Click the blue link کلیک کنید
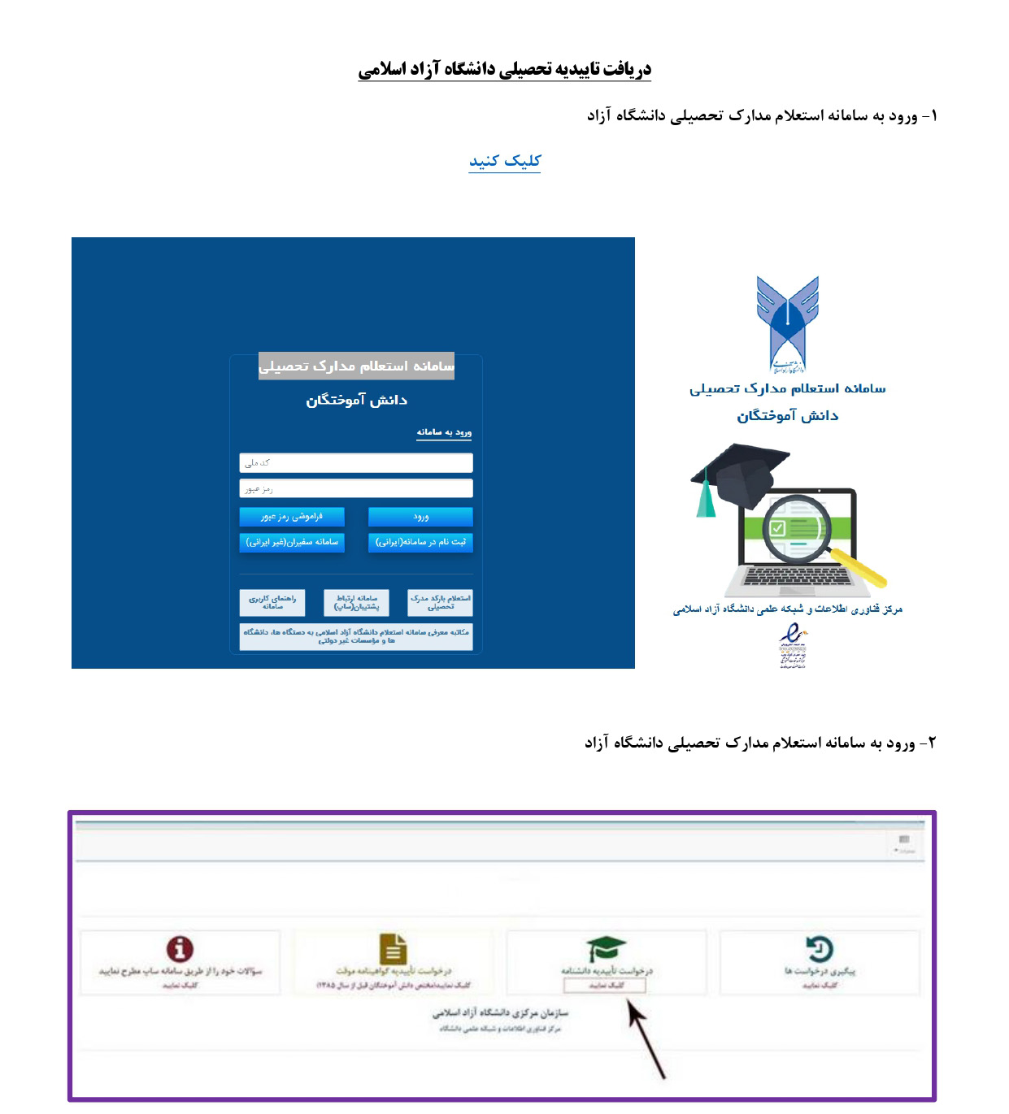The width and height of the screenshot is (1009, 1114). click(x=504, y=161)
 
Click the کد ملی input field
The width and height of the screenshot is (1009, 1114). click(x=356, y=462)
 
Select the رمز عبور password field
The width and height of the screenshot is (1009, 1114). click(x=356, y=488)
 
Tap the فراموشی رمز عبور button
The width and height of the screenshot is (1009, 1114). click(x=292, y=517)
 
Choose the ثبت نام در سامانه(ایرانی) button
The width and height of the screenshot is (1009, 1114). click(x=420, y=542)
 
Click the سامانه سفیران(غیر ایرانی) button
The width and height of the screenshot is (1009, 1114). click(x=292, y=542)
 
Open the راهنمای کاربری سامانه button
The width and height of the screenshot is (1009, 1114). click(x=272, y=602)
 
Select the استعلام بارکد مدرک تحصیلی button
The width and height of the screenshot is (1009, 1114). click(x=440, y=602)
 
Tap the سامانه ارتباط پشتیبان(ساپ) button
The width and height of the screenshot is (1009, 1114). click(x=356, y=602)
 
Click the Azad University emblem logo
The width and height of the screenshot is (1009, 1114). click(x=787, y=323)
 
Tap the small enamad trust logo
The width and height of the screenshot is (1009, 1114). click(x=791, y=645)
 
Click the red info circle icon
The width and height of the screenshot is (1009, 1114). click(x=180, y=948)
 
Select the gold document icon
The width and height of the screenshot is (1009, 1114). click(x=394, y=948)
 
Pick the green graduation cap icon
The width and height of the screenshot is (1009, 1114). click(x=607, y=948)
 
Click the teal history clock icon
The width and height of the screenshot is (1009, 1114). click(x=820, y=948)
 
